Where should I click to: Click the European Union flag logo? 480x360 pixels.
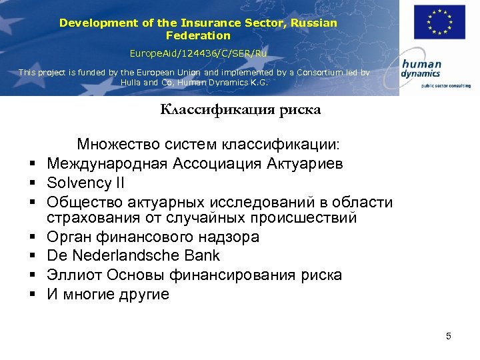[x=438, y=23]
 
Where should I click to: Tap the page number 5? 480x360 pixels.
[x=449, y=336]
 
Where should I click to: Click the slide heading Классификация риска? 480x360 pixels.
[x=240, y=111]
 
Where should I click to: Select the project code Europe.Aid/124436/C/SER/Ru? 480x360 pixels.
[x=198, y=52]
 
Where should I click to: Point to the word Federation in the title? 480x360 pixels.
[x=198, y=36]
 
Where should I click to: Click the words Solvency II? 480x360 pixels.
[x=85, y=183]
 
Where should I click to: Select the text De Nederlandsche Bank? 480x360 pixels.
[x=133, y=256]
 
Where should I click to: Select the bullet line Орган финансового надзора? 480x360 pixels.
[x=153, y=237]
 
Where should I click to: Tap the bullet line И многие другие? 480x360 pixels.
[x=108, y=294]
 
